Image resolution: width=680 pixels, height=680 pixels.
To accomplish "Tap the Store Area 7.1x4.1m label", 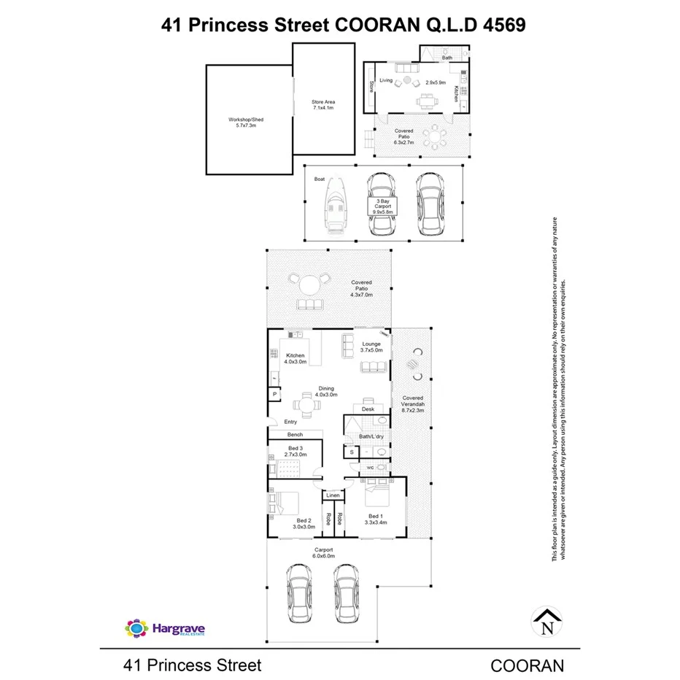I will tap(322, 105).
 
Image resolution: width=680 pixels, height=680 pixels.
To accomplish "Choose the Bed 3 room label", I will tap(295, 450).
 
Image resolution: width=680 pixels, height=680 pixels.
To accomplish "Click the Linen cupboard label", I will tap(333, 495).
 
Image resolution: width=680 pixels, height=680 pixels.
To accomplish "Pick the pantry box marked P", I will tap(275, 395).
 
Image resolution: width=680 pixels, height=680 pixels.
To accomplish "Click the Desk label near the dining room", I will tap(368, 409).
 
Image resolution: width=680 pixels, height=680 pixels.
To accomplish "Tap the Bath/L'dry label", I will tap(371, 436).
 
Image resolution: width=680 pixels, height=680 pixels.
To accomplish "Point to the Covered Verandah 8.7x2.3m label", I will tap(412, 404).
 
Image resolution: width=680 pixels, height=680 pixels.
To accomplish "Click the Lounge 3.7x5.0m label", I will tap(372, 347).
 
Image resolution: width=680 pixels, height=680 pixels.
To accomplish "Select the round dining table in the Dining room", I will tap(307, 403).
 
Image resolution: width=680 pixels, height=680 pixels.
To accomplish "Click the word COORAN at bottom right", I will tap(527, 665).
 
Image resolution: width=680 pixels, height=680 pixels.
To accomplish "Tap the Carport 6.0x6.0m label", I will tap(324, 552).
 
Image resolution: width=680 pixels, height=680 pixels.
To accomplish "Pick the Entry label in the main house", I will tap(290, 422).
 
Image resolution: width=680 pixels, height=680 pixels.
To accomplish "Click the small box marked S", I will tap(352, 452).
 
